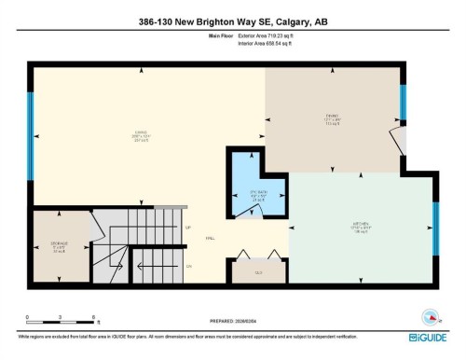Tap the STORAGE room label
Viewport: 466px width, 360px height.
pos(58,247)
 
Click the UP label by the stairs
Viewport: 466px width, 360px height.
pos(187,228)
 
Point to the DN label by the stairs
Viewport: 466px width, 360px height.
pos(187,266)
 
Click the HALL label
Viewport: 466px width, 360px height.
pos(211,239)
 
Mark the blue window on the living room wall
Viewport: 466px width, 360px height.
pos(31,156)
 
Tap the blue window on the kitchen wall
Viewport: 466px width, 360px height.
pos(435,229)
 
